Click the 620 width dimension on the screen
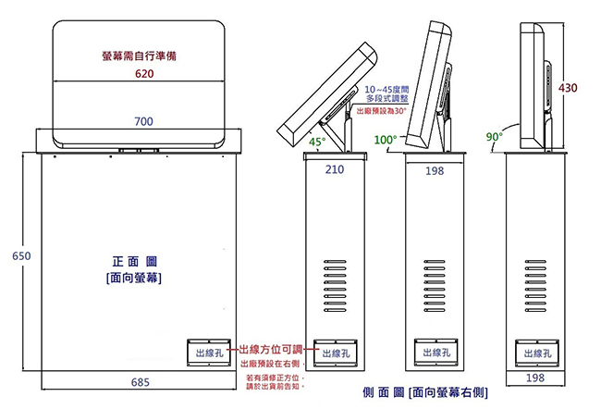(142, 73)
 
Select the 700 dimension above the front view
(142, 121)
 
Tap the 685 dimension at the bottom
(141, 381)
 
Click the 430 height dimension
(568, 88)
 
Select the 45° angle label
(317, 142)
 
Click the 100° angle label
(385, 140)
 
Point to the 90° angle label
(495, 137)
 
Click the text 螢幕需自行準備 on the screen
(140, 56)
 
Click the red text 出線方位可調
(270, 349)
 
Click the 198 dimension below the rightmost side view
(534, 378)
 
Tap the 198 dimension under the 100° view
(434, 170)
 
